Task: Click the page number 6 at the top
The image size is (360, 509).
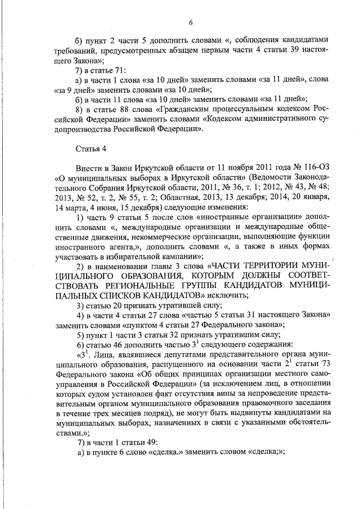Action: [191, 22]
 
